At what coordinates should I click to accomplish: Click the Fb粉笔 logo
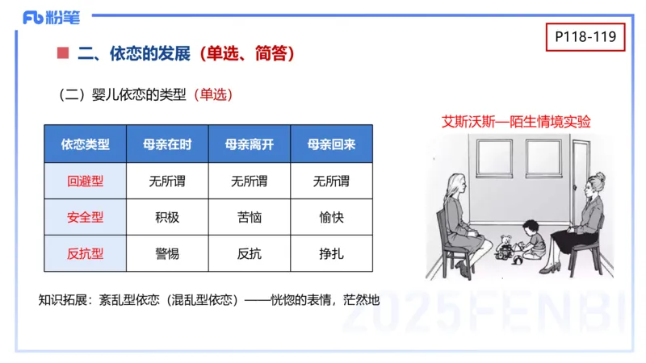49,17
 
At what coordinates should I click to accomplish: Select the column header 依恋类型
85,145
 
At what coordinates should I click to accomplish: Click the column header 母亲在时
167,145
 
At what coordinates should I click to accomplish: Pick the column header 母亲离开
250,145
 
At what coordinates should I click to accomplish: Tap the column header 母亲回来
331,145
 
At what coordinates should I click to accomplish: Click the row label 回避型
85,181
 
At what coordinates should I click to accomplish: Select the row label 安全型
85,218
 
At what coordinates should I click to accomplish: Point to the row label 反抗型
85,253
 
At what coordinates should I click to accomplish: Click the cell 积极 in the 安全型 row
167,218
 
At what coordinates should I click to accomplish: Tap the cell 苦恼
250,218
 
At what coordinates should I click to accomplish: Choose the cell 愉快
331,218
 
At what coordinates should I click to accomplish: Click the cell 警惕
167,253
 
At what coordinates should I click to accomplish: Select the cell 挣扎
331,253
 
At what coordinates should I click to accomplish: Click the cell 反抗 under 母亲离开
250,253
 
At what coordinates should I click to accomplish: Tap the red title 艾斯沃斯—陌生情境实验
516,122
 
